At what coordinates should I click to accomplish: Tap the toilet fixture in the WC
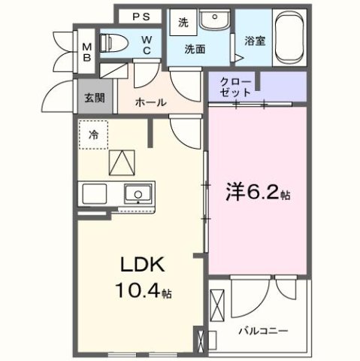(x=114, y=42)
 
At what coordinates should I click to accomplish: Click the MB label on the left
(x=86, y=50)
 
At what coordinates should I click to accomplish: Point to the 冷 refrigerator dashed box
(x=94, y=135)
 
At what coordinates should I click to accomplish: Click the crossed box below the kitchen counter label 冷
(x=121, y=161)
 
